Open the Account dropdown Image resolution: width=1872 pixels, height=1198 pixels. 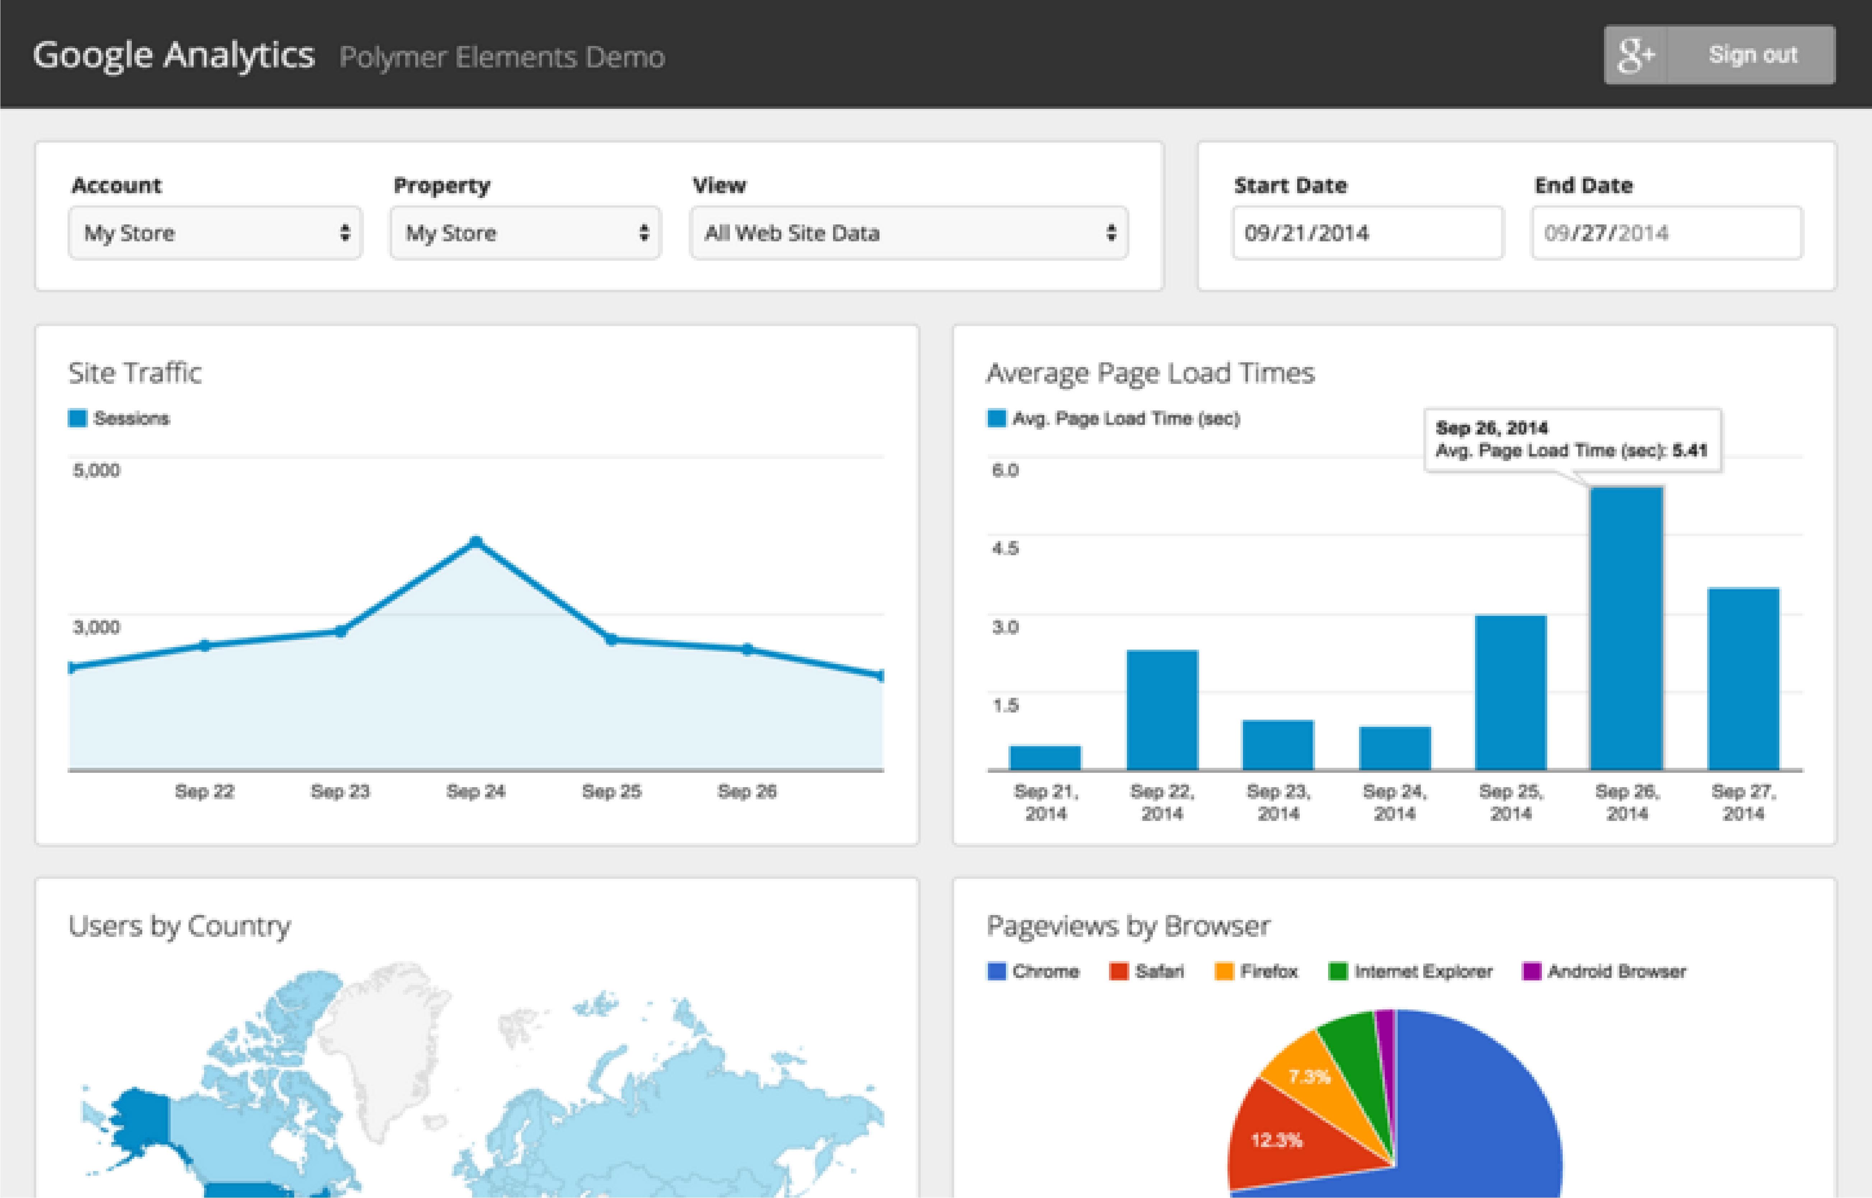point(215,233)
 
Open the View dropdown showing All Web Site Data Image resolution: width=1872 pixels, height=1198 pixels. point(908,233)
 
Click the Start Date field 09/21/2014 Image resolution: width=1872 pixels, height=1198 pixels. point(1367,233)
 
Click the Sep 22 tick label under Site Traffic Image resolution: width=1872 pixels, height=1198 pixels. point(204,791)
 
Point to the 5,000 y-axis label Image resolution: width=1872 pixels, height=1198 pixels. point(97,470)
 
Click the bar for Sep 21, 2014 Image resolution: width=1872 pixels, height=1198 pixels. point(1045,758)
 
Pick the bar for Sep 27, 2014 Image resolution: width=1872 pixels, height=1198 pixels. point(1743,678)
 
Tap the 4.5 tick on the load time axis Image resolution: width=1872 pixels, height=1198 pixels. point(1004,548)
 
